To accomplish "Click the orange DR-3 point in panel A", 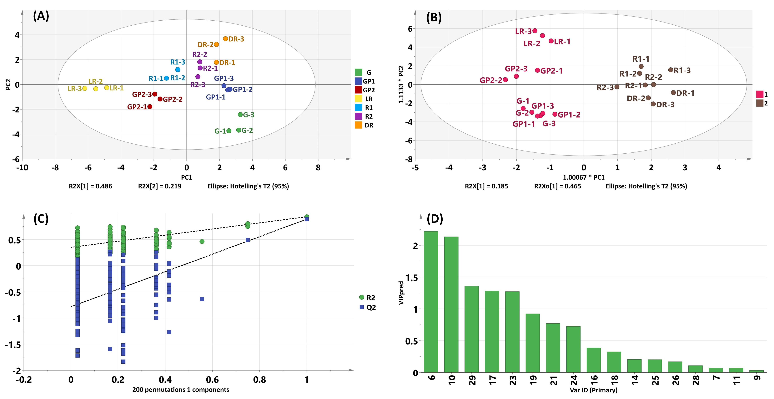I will pos(225,39).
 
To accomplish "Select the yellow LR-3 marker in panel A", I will pos(85,88).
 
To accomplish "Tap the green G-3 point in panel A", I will pos(240,115).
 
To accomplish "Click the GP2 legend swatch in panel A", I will pos(359,90).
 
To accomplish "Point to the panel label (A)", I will pos(41,16).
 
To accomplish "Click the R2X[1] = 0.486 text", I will pos(90,186).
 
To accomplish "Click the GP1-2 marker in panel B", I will pos(555,114).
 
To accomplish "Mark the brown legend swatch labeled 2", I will pos(760,103).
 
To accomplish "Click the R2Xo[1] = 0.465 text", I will pos(557,186).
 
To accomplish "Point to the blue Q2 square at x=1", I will pos(307,219).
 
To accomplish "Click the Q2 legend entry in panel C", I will pos(367,307).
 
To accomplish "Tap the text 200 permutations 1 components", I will pos(181,390).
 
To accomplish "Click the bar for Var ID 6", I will pos(431,302).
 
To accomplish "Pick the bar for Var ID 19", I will pos(532,343).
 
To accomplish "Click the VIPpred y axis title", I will pos(401,293).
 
